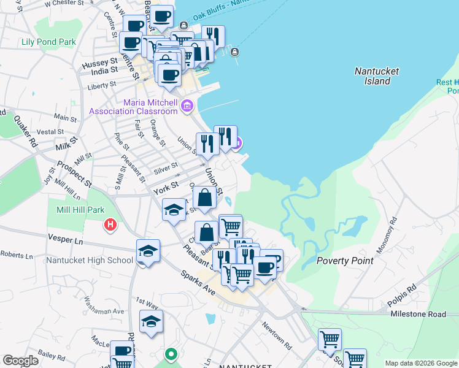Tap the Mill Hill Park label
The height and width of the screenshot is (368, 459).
pos(72,210)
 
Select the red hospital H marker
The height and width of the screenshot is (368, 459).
pos(110,225)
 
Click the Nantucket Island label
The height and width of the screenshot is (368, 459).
pos(377,76)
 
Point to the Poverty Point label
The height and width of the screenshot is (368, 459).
pos(344,261)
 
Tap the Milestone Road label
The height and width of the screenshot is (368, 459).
pos(418,314)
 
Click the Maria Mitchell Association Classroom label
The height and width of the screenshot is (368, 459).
pos(133,107)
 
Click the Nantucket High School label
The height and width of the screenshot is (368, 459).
pos(90,260)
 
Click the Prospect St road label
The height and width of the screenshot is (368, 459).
pos(74,174)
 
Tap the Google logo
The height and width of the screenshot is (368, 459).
pos(20,360)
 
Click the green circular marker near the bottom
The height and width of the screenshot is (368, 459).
pos(171,355)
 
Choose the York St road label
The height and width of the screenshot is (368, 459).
pos(165,185)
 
